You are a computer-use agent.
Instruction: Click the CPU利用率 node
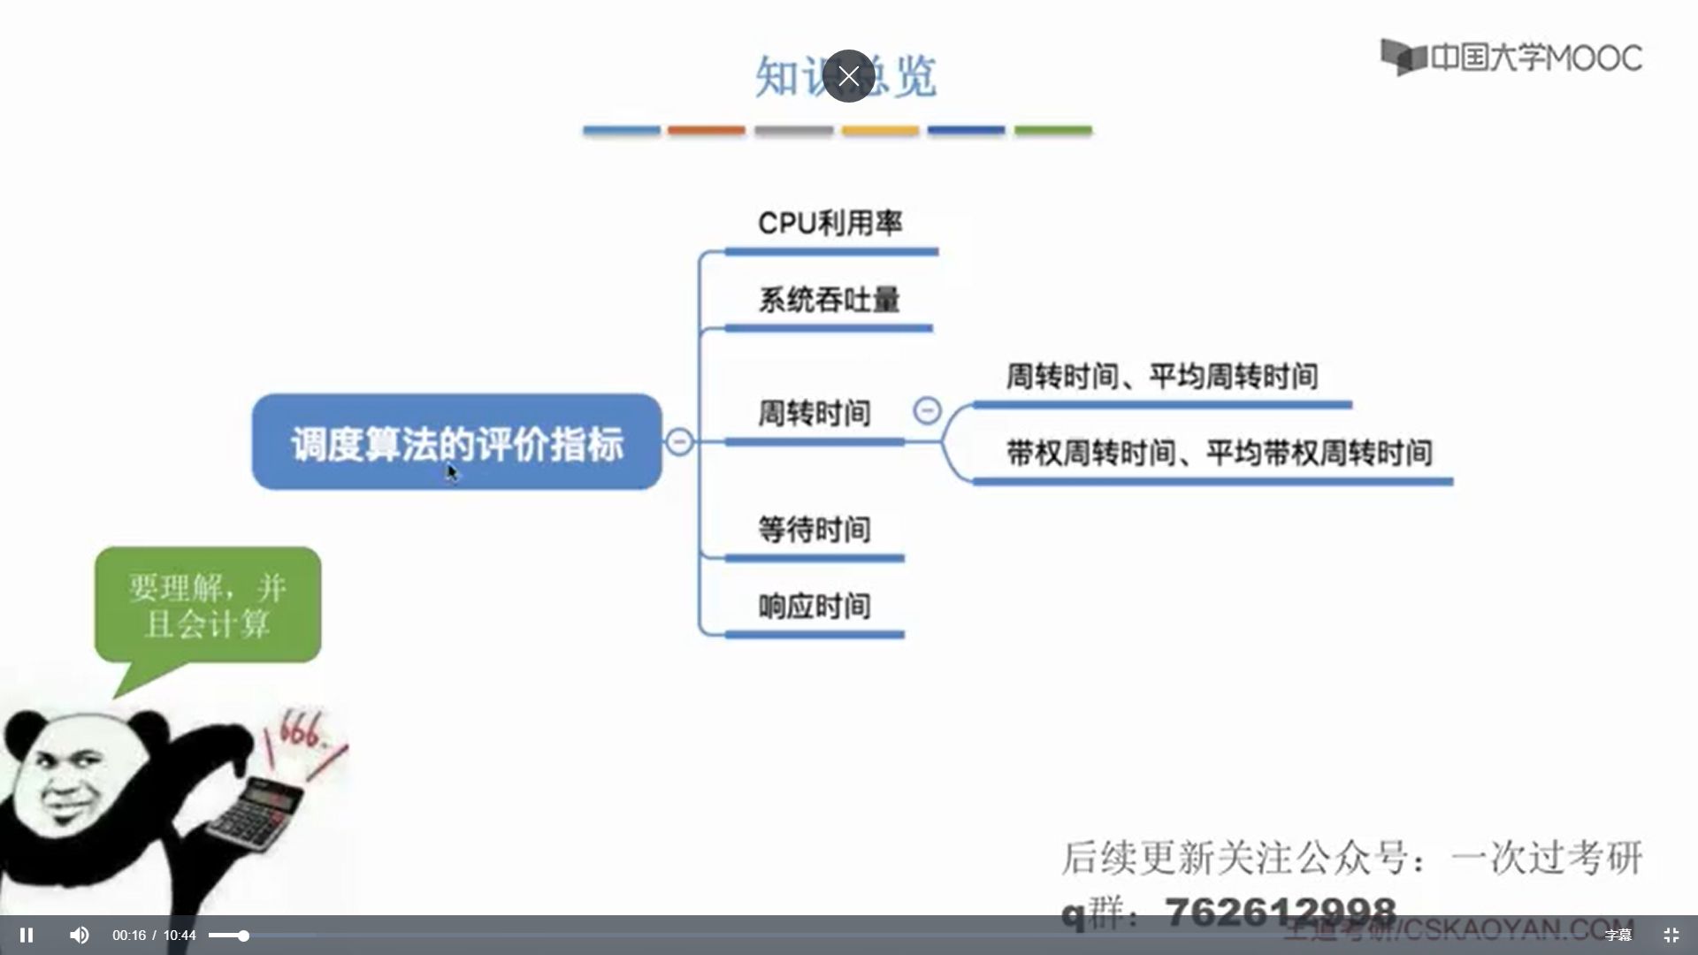coord(830,224)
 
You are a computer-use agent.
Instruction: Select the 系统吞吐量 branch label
coord(829,301)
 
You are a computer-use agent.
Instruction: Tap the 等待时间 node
coord(814,530)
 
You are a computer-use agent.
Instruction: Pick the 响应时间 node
coord(814,607)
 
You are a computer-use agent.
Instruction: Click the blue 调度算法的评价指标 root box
coord(456,442)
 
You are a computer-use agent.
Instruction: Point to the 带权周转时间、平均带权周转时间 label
coord(1219,454)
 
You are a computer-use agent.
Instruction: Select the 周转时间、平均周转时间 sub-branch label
coord(1162,377)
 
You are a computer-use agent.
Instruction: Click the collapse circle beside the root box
coord(679,441)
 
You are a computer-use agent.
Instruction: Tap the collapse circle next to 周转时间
coord(927,410)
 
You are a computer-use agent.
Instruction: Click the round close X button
coord(848,76)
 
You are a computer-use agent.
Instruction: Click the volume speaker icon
coord(79,935)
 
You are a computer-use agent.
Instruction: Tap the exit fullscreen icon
coord(1671,935)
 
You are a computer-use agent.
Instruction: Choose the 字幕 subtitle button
coord(1618,935)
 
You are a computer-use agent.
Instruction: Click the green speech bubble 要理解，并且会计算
coord(208,606)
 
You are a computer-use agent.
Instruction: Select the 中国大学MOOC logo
coord(1511,57)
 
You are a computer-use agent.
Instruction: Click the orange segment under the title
coord(706,130)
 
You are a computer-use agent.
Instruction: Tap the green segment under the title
coord(1052,130)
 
